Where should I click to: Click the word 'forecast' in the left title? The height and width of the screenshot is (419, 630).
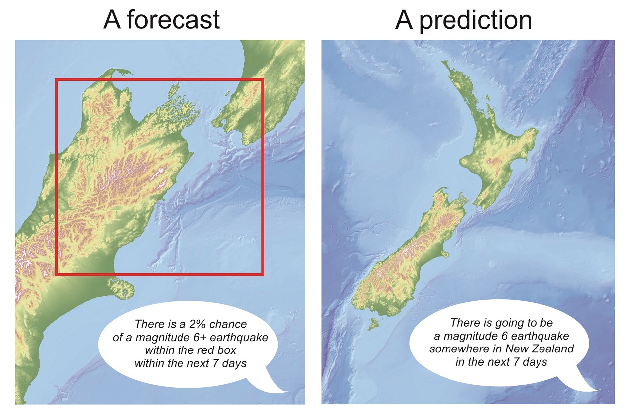click(x=173, y=20)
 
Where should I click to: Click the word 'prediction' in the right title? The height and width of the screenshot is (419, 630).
click(x=475, y=21)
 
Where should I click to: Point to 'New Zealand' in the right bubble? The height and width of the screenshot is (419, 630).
click(x=540, y=349)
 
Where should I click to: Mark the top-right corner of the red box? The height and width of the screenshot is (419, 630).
click(x=263, y=80)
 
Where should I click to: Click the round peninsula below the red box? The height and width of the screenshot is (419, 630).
click(x=122, y=289)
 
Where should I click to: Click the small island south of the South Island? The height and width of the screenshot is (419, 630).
click(x=372, y=324)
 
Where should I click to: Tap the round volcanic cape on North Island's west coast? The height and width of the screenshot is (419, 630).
click(x=463, y=162)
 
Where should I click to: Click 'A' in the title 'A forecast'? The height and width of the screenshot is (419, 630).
click(x=112, y=20)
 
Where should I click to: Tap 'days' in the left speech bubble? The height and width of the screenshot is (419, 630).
click(x=234, y=364)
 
